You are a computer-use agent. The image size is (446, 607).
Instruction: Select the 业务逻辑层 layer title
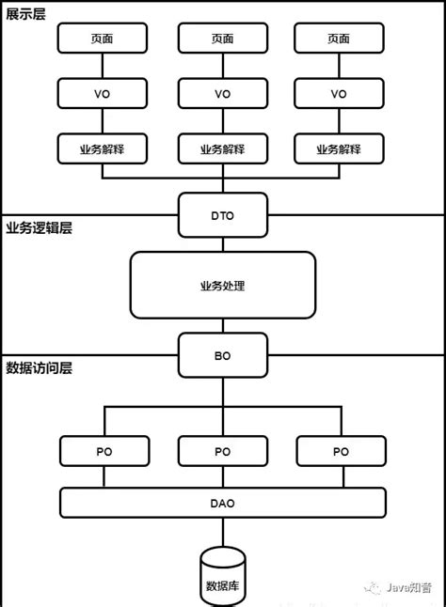pyautogui.click(x=39, y=228)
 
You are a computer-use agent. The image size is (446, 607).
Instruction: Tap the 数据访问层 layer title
pyautogui.click(x=39, y=367)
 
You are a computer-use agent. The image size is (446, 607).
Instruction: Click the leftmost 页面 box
pyautogui.click(x=104, y=39)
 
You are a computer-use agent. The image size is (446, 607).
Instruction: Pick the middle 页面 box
pyautogui.click(x=222, y=39)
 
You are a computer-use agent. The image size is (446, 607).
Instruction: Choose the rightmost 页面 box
pyautogui.click(x=340, y=39)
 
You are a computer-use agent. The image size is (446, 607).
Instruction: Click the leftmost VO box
pyautogui.click(x=104, y=93)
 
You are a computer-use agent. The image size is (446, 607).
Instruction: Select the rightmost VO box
pyautogui.click(x=340, y=93)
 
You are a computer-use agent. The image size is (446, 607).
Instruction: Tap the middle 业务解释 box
pyautogui.click(x=222, y=148)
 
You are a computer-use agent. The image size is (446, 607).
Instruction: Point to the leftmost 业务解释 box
pyautogui.click(x=104, y=148)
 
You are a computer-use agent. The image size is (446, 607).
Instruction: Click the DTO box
pyautogui.click(x=222, y=215)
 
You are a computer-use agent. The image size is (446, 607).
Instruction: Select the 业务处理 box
pyautogui.click(x=222, y=285)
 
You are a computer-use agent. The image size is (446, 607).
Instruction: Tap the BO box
pyautogui.click(x=222, y=356)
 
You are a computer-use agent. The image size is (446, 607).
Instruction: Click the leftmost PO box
pyautogui.click(x=104, y=451)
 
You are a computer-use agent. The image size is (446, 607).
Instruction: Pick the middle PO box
pyautogui.click(x=222, y=451)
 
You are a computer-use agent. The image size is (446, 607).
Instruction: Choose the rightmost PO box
pyautogui.click(x=340, y=451)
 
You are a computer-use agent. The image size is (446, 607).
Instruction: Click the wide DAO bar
pyautogui.click(x=222, y=503)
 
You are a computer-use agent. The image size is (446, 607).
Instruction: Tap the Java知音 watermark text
pyautogui.click(x=410, y=587)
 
